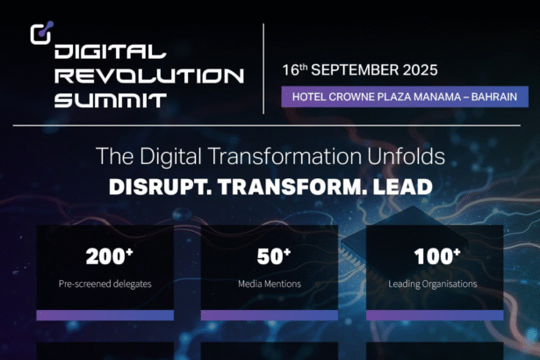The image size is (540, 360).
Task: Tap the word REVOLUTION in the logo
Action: click(x=148, y=76)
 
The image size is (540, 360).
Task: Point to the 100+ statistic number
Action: click(x=434, y=256)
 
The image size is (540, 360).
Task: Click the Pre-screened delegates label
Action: click(x=104, y=284)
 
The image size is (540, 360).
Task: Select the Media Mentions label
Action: click(x=270, y=284)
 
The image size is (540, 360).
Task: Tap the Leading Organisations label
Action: click(x=433, y=284)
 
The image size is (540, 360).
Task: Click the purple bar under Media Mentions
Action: click(x=270, y=315)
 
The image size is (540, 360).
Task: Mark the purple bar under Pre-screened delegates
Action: click(x=104, y=315)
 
